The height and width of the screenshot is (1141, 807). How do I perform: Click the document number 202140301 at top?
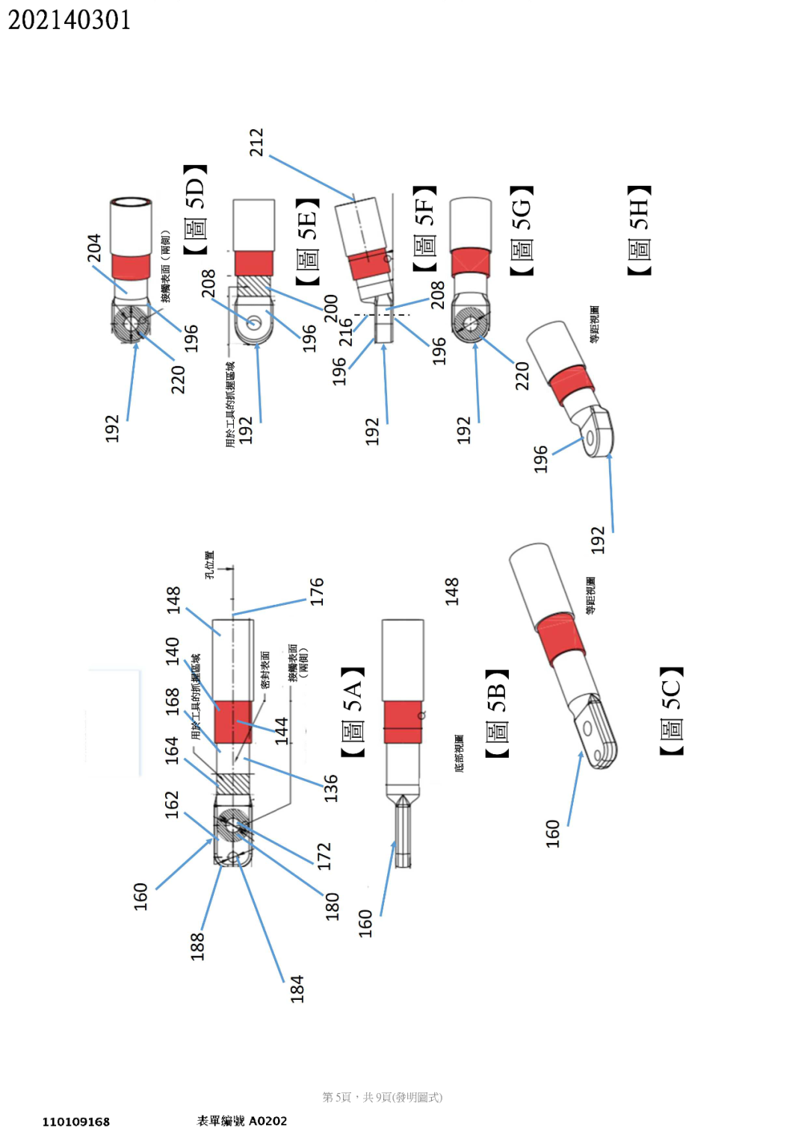click(69, 20)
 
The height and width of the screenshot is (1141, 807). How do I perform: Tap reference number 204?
click(94, 249)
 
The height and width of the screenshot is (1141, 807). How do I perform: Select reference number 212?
click(256, 143)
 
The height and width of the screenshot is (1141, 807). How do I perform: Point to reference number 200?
click(330, 308)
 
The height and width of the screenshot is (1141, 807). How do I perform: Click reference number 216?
click(346, 332)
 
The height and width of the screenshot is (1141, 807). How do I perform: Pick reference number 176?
click(318, 591)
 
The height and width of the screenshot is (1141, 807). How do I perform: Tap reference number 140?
click(173, 650)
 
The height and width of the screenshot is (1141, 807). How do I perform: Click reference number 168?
click(173, 701)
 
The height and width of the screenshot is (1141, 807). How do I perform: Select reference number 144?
click(281, 730)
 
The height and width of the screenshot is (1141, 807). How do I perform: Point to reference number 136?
click(331, 788)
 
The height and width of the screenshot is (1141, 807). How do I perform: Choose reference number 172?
click(324, 856)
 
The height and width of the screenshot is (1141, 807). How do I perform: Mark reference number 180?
click(332, 906)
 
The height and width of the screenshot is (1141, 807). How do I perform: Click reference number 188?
click(197, 945)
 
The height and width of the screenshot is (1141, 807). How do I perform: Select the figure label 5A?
click(352, 712)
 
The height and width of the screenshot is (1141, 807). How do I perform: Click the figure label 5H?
click(639, 230)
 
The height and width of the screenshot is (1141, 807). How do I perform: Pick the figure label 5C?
click(671, 710)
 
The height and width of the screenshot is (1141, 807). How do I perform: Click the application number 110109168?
click(75, 1122)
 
